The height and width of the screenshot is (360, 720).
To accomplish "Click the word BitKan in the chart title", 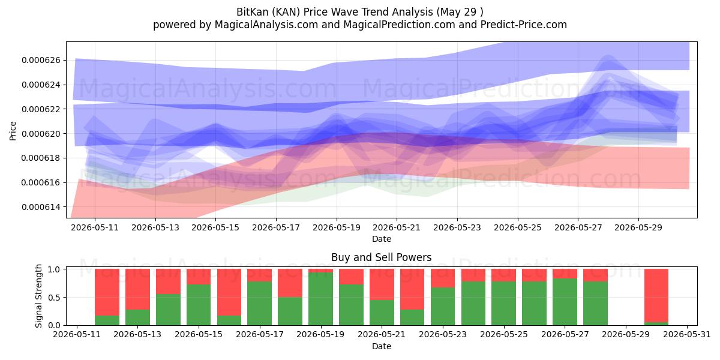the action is [253, 12].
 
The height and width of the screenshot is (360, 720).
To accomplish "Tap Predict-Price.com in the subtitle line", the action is [524, 25].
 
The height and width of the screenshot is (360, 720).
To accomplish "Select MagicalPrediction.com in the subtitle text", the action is [399, 25].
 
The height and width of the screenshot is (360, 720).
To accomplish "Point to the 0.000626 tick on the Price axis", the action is [41, 61].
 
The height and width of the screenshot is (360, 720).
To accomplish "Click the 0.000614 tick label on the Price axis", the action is [41, 207].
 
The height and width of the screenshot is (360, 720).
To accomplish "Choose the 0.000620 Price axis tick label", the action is [41, 134].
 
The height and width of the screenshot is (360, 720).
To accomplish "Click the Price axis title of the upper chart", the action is [13, 131].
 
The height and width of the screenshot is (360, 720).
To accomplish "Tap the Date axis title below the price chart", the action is [382, 239].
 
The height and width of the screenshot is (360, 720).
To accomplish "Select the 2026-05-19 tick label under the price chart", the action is [337, 227].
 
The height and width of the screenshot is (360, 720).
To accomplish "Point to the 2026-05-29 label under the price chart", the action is [638, 227].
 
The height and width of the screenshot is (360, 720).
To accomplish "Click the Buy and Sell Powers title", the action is [382, 257].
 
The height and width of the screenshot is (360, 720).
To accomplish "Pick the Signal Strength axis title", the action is [38, 296].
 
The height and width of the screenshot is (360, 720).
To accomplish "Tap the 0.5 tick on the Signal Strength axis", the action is [55, 298].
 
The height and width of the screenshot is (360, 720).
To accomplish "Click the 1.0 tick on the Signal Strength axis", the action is [55, 269].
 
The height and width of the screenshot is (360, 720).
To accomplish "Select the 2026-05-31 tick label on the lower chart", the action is [687, 335].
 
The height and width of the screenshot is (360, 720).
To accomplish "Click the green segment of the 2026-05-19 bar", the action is [320, 299].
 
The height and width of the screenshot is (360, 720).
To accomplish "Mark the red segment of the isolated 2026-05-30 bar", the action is [656, 295].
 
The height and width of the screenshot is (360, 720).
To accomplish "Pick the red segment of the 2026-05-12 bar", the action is [107, 292].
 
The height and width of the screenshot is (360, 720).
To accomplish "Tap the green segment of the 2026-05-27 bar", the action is [565, 302].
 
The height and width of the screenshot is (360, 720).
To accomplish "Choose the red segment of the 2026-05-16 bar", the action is [229, 292].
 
